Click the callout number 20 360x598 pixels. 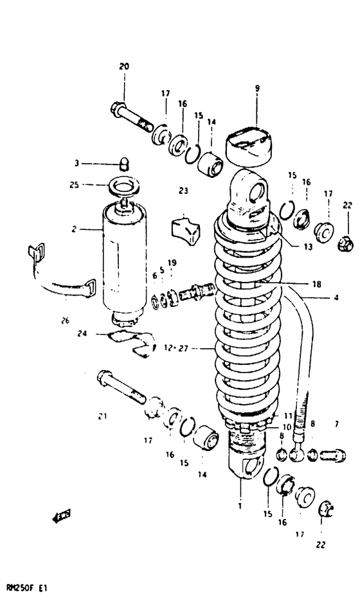(124, 67)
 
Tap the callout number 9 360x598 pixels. (256, 89)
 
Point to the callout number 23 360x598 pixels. (183, 190)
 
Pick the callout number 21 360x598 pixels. (102, 417)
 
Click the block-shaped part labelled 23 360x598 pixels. (184, 227)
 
